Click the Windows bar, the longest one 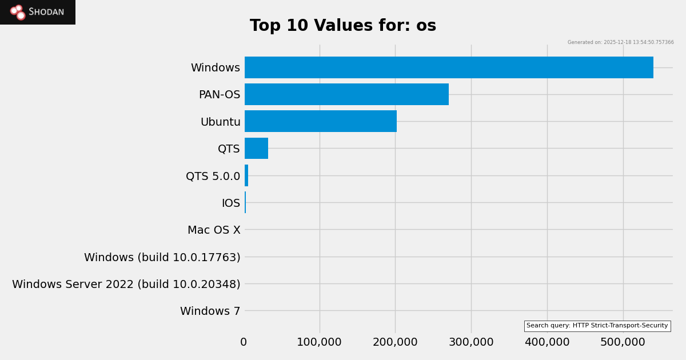[x=449, y=67]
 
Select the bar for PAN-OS [x=346, y=94]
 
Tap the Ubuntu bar [x=321, y=121]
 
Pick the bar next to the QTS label [x=256, y=149]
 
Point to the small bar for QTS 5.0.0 [x=246, y=175]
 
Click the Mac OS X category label [x=214, y=230]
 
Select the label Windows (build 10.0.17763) [x=162, y=258]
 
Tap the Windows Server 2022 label [x=126, y=285]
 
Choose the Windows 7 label [x=210, y=311]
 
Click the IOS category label [x=231, y=203]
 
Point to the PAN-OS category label [x=220, y=95]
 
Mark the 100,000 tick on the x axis [x=319, y=342]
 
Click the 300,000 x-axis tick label [x=471, y=342]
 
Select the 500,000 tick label [x=623, y=342]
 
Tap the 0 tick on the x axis [x=244, y=342]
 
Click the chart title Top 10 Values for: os [x=343, y=26]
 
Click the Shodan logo [x=38, y=12]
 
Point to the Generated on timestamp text [x=620, y=42]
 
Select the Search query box [x=597, y=326]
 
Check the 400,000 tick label [x=547, y=342]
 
